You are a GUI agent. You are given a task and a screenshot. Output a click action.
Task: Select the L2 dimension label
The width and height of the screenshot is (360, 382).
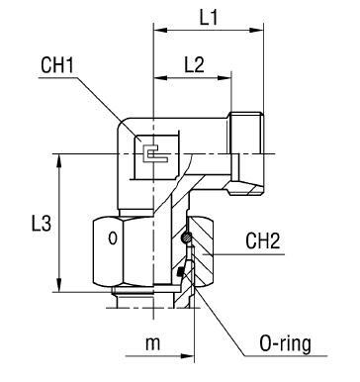click(x=194, y=65)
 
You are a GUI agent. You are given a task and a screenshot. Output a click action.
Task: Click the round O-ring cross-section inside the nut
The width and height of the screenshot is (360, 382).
click(x=184, y=237)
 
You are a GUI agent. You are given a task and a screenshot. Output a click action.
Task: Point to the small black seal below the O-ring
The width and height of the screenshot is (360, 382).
click(x=181, y=273)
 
